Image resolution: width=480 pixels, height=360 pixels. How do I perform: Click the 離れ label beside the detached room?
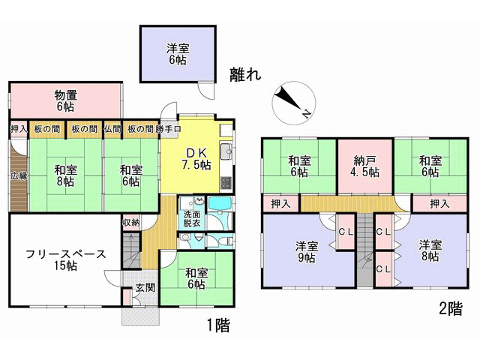coord(245,74)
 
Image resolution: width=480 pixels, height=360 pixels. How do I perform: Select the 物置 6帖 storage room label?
coord(65,101)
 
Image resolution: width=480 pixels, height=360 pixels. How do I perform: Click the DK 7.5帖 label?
coord(196,159)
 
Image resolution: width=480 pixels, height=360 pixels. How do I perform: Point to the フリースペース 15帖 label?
coord(65,260)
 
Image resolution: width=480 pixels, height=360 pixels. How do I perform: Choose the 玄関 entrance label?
coord(145,287)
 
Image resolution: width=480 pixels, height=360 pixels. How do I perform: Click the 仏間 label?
coord(112,129)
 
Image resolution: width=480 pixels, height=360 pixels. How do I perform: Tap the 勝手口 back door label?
coord(168,129)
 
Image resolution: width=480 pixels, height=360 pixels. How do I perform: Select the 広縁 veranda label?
coord(19,175)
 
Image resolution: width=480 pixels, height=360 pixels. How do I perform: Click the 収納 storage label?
coord(131,223)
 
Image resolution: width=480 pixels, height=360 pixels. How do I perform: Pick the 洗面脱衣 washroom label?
coord(192,218)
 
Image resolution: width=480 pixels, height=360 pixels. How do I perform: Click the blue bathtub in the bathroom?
coord(220,202)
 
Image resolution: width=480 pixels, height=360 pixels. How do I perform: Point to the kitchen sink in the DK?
coord(226,151)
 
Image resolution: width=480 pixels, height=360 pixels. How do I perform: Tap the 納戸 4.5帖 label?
coord(364,166)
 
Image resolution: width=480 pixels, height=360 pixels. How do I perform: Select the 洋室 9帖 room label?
coord(307,252)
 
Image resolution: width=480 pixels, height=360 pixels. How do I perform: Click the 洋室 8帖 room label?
coord(430,250)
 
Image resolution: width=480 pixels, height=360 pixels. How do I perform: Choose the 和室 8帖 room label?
coord(65,175)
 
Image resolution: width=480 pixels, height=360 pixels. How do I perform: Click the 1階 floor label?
coord(218,325)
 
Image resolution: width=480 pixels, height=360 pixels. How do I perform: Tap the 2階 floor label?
coord(451,308)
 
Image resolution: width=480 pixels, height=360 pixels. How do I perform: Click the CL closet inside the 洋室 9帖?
coord(346,232)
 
